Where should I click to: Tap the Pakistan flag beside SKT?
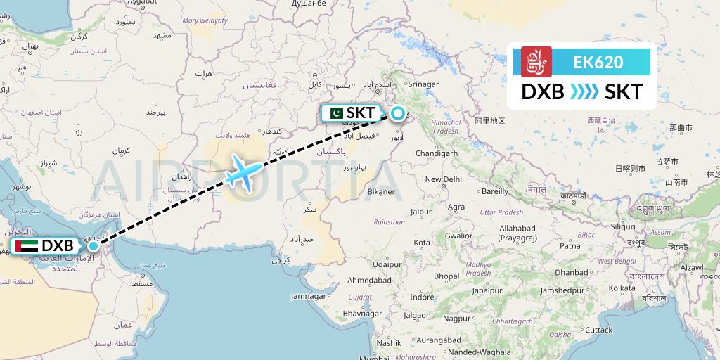coord(333,112)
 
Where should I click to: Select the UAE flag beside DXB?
coord(26,247)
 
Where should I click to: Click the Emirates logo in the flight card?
coord(536,61)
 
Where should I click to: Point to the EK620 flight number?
coord(598,62)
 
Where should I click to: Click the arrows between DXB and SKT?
coord(584,92)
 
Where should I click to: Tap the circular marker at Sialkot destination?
coord(397,112)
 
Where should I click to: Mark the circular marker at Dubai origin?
coord(93,246)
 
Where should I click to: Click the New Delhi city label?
coord(443,179)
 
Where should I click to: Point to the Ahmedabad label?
coord(369,279)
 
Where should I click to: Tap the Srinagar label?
coord(423,84)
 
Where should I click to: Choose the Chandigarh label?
coord(437,153)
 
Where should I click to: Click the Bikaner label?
coord(382,191)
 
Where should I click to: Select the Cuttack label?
coord(599,330)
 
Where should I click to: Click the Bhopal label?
coord(446,276)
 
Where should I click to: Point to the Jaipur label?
coord(421,211)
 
